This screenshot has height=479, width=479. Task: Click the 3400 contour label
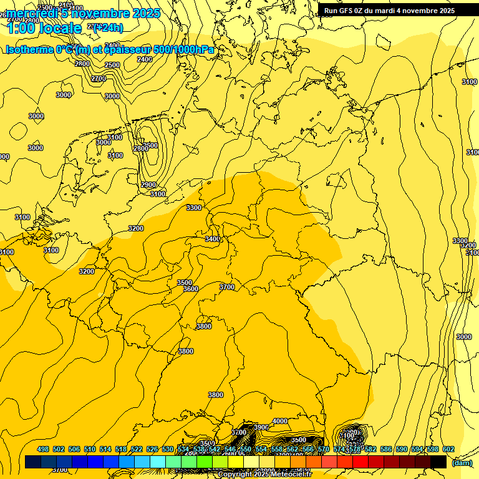(212, 239)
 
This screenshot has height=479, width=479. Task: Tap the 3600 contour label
(191, 289)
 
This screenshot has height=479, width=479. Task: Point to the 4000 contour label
(280, 421)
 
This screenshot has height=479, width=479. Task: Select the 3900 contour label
(261, 427)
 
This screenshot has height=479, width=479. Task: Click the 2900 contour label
(148, 185)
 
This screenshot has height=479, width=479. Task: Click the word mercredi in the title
(31, 13)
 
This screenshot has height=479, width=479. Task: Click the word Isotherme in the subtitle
(31, 49)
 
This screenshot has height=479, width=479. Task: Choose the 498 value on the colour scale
(43, 449)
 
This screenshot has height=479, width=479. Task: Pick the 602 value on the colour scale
(448, 449)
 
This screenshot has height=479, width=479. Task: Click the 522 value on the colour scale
(138, 449)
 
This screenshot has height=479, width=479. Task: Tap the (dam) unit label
(462, 462)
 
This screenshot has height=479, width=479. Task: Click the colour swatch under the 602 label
(438, 462)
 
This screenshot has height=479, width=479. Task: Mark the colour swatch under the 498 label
(33, 462)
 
